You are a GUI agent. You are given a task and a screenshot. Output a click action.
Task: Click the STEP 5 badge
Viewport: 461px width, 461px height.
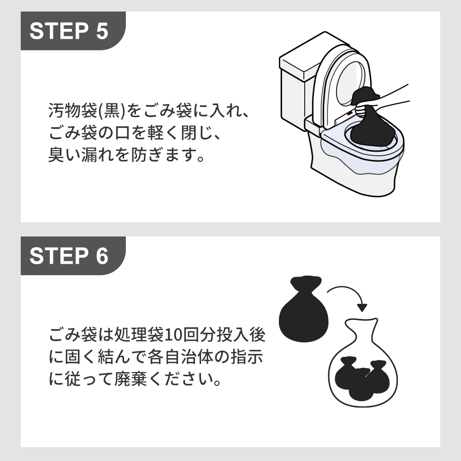coord(69,30)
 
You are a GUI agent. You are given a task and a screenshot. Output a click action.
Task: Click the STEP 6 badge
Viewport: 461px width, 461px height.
coord(69,255)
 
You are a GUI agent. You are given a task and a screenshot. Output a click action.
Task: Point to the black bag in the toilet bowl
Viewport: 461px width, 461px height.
coord(372,131)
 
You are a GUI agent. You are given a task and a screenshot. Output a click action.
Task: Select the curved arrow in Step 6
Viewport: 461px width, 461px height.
coord(348,295)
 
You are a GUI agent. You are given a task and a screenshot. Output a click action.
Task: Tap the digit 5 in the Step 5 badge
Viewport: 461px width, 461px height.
coord(102,30)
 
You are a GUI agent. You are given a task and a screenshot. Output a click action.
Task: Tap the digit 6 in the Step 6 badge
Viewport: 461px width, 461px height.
coord(102,255)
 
